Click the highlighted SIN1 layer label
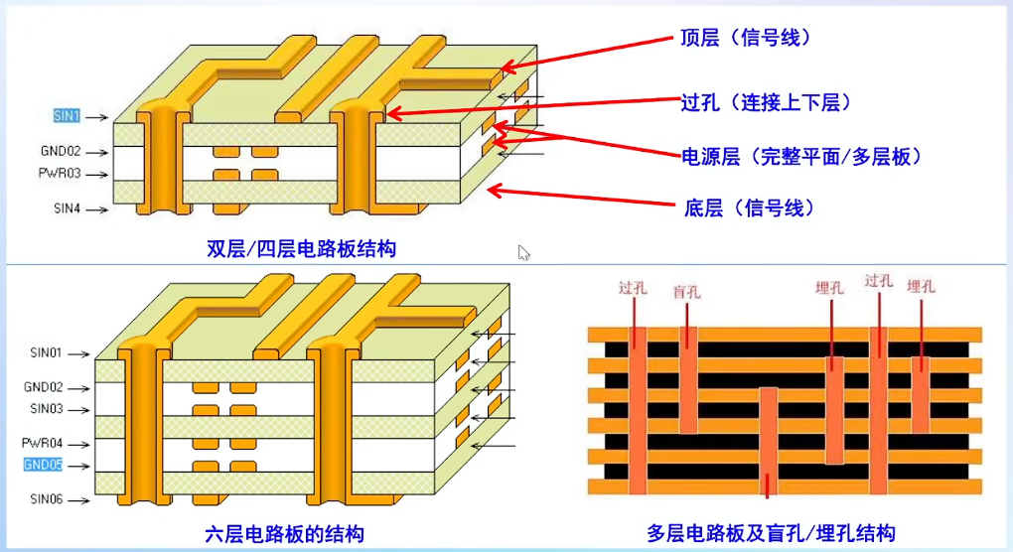[66, 116]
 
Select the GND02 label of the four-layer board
[61, 153]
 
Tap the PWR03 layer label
[61, 174]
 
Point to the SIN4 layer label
[67, 209]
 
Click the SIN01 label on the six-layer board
[46, 352]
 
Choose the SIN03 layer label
[46, 408]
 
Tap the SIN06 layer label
[46, 498]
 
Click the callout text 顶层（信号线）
[745, 38]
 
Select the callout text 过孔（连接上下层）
[766, 102]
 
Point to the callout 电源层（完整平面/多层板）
[800, 156]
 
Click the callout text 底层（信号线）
[749, 207]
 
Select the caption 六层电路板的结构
[285, 534]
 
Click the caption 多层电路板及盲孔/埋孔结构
[771, 533]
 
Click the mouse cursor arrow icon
[523, 252]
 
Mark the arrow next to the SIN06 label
[79, 498]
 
